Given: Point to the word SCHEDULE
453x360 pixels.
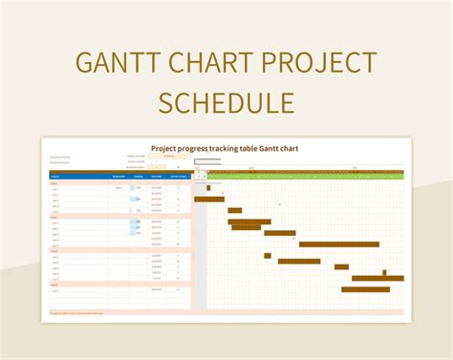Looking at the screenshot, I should pos(226,102).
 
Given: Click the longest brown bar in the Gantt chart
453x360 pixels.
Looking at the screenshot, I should pos(339,244).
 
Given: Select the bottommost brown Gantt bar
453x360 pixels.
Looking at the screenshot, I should pos(365,289).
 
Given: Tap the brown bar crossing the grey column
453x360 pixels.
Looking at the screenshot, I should pos(209,199).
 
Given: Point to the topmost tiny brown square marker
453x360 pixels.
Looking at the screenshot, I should pos(208,188).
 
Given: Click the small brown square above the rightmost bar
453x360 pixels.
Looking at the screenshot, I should pos(384,272).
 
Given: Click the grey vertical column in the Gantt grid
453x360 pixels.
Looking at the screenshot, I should pos(200,248).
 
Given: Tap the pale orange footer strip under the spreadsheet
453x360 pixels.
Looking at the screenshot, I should pos(226,312).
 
